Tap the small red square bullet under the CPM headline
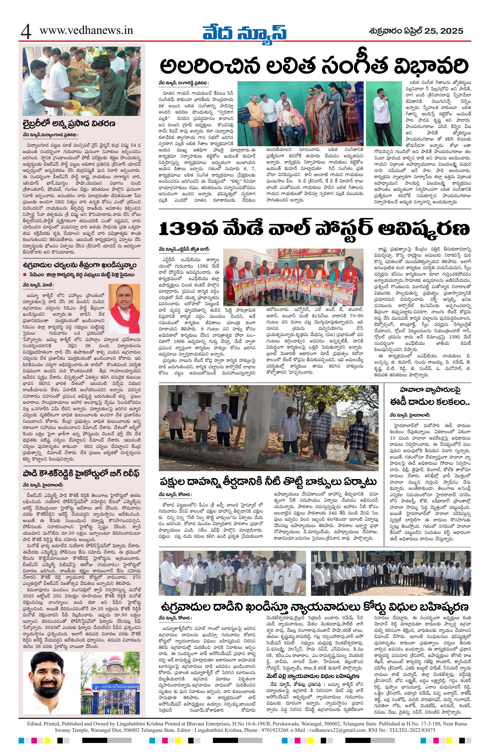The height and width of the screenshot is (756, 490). point(24,274)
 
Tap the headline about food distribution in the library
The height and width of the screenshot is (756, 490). point(69,123)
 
